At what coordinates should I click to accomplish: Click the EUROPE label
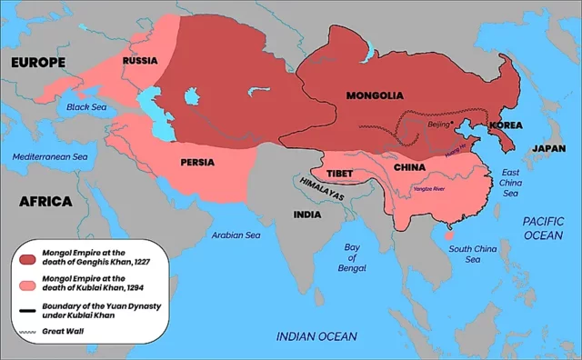pyautogui.click(x=37, y=63)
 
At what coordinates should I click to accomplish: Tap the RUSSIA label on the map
pyautogui.click(x=140, y=61)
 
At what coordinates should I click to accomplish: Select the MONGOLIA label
pyautogui.click(x=375, y=95)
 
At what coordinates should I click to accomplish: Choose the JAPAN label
pyautogui.click(x=548, y=147)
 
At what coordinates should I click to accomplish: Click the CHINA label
pyautogui.click(x=410, y=167)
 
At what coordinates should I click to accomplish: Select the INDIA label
pyautogui.click(x=306, y=215)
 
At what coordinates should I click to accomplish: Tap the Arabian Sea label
pyautogui.click(x=235, y=235)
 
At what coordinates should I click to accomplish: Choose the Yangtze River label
pyautogui.click(x=428, y=189)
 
